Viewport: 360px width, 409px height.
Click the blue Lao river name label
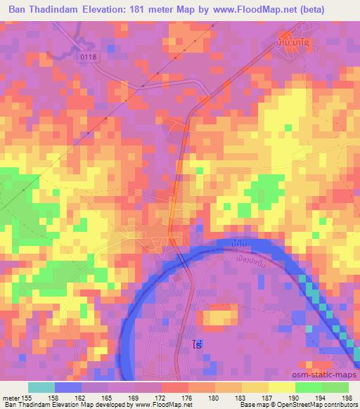pyautogui.click(x=238, y=243)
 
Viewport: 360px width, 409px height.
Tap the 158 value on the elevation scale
pyautogui.click(x=54, y=397)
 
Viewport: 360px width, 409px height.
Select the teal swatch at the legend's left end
pyautogui.click(x=41, y=387)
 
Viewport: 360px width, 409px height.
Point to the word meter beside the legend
pyautogui.click(x=10, y=397)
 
